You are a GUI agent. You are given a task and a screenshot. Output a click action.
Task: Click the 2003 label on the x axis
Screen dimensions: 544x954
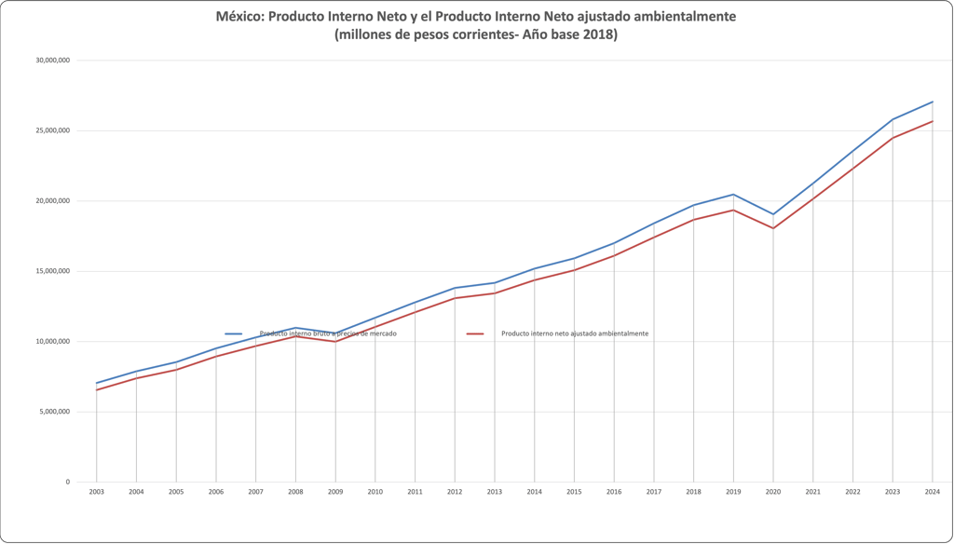point(96,491)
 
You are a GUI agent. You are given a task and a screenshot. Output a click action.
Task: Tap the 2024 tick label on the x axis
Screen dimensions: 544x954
point(932,491)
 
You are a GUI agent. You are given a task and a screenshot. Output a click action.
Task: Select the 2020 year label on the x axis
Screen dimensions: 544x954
point(772,491)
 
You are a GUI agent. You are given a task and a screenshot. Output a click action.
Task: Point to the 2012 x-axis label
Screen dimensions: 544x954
point(455,491)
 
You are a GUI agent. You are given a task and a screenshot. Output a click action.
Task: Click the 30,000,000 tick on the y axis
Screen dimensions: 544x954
point(52,61)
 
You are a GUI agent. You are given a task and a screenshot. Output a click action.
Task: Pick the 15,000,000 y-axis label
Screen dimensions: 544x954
point(52,271)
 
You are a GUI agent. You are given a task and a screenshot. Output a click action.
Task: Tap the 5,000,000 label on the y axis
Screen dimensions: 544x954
point(54,412)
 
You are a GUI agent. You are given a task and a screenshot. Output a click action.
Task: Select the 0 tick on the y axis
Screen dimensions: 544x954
point(67,482)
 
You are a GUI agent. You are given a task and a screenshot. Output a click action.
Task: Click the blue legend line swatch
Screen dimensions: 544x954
point(234,333)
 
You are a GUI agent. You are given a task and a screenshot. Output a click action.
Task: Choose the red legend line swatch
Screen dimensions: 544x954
point(475,333)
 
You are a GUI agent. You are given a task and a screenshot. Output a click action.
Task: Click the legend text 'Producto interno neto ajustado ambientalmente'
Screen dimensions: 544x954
point(575,333)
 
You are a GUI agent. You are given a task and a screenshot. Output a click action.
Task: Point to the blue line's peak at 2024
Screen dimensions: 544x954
point(932,102)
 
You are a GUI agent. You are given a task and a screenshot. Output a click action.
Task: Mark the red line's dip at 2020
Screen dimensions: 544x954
point(772,228)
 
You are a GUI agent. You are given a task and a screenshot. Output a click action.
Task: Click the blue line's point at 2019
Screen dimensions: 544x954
point(733,195)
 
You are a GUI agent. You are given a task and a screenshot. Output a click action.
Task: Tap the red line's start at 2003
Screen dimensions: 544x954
point(96,389)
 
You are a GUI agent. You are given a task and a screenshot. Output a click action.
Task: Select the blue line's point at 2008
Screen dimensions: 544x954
point(295,328)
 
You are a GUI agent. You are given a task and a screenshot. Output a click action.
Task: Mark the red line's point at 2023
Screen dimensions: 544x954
point(893,138)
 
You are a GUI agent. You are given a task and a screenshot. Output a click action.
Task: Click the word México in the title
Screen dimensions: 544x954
point(239,17)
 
